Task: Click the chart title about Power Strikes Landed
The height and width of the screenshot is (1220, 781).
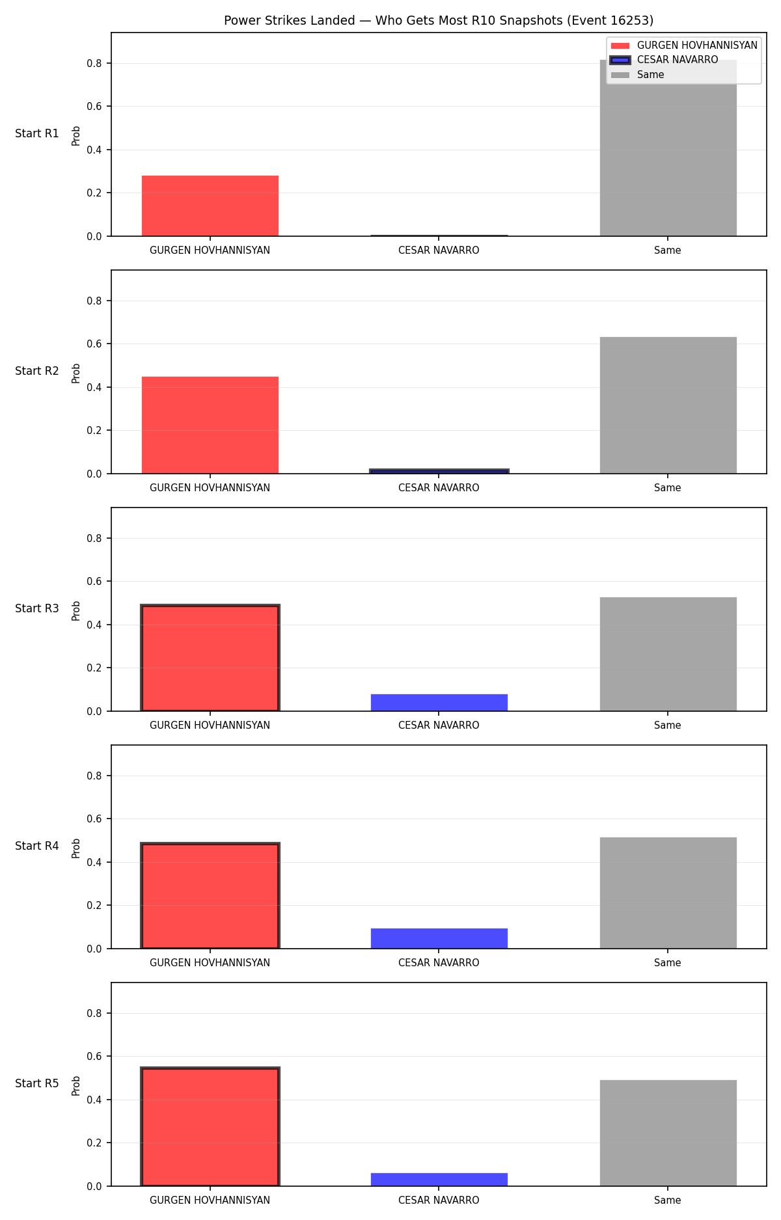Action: coord(439,20)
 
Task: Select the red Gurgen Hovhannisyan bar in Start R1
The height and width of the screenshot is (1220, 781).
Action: coord(210,206)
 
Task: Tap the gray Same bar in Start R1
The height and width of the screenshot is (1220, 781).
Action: coord(668,148)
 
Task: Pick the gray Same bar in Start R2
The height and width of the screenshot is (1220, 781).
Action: coord(668,405)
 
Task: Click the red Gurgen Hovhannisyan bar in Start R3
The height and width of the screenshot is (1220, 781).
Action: coord(210,658)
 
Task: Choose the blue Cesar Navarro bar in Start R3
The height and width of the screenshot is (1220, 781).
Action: coord(439,703)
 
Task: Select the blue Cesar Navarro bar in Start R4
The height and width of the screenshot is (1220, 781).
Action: coord(439,938)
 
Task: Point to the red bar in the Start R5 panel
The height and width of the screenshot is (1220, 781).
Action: coord(210,1127)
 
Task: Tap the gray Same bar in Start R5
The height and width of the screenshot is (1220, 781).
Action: coord(668,1133)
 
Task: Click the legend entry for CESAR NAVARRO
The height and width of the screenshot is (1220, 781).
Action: coord(665,60)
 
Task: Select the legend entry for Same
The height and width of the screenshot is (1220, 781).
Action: coord(638,75)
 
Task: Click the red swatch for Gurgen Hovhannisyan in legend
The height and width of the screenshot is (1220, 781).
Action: coord(620,46)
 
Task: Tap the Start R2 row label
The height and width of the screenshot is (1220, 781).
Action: coord(37,371)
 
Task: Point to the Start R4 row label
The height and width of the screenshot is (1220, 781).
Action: coord(37,846)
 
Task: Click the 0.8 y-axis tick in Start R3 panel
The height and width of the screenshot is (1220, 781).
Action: coord(96,538)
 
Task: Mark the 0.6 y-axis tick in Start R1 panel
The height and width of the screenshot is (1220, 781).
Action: coord(96,107)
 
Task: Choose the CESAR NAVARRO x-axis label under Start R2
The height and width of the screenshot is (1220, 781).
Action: coord(439,488)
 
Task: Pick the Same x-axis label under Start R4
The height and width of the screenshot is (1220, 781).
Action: coord(668,963)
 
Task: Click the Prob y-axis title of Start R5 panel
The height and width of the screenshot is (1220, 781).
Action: coord(76,1085)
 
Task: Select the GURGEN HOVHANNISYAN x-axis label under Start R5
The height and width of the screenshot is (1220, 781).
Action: coord(210,1200)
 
